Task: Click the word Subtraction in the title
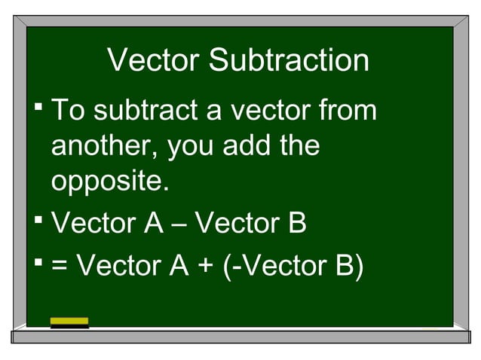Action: [x=289, y=61]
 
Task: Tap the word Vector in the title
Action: [x=153, y=61]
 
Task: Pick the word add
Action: [x=248, y=145]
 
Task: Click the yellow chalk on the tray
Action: [x=69, y=322]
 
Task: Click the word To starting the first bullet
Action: [x=68, y=111]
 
